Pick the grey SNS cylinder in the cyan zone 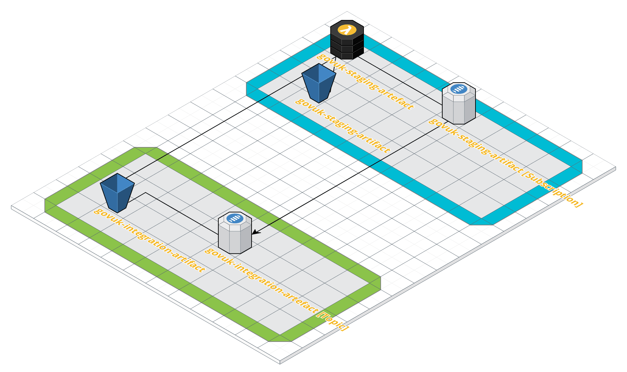coord(459,105)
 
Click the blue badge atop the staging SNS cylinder coord(459,89)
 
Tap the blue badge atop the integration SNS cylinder coord(235,218)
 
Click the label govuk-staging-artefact coord(365,82)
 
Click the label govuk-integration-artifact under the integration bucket coord(150,241)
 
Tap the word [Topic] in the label coord(333,321)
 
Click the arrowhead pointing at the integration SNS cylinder coord(254,232)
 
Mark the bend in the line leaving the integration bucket coord(146,192)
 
